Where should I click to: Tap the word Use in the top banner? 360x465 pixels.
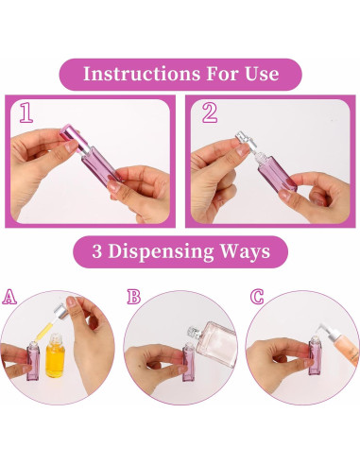(x=258, y=74)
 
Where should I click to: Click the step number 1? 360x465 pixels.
(x=26, y=114)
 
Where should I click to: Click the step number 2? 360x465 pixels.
(x=209, y=114)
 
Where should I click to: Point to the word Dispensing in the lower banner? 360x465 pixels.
(x=175, y=251)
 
